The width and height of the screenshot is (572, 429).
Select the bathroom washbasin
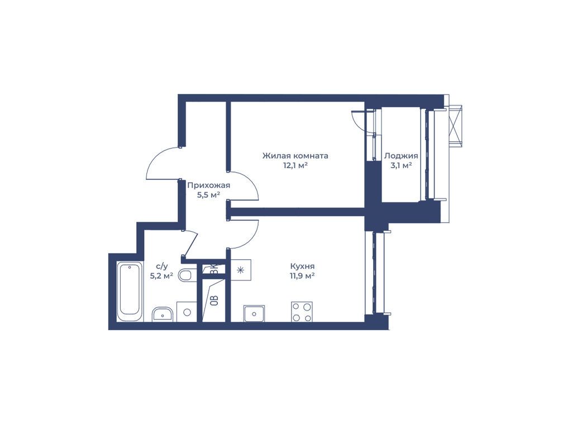pos(163,314)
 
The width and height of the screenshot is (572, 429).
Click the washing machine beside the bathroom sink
pos(187,312)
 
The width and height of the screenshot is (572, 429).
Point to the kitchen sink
pos(254,313)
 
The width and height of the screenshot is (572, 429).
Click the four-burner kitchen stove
pos(302,312)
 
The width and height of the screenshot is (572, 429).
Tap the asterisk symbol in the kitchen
pos(240,270)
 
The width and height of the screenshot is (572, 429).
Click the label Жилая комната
pos(295,156)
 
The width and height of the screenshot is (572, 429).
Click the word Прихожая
pos(209,185)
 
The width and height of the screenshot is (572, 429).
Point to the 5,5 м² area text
pos(209,195)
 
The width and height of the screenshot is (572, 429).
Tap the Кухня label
pos(302,266)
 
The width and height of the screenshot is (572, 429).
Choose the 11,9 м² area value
pos(302,276)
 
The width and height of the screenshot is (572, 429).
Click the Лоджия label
pos(401,156)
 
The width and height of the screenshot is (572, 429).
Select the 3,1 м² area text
pos(401,165)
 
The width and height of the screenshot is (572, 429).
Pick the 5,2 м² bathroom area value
pos(161,276)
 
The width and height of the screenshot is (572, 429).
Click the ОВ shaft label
pos(215,300)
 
